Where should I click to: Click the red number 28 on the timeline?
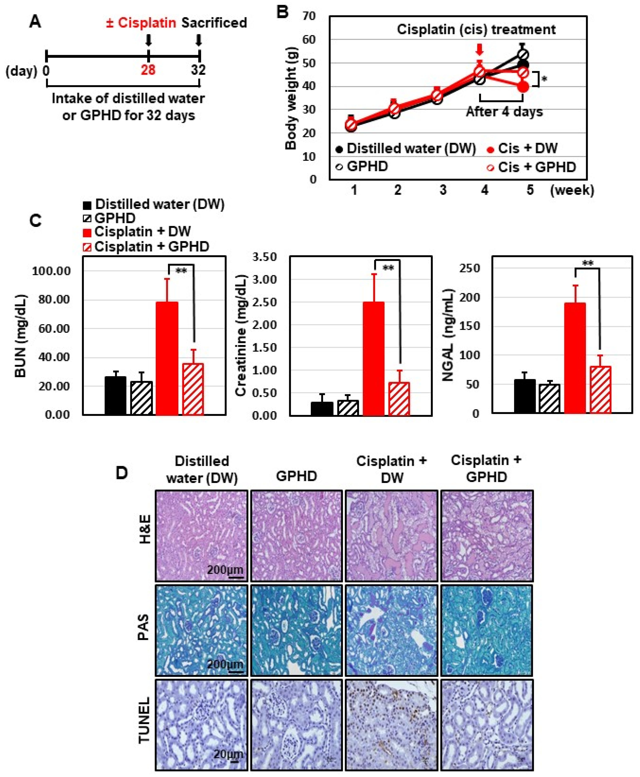coord(148,69)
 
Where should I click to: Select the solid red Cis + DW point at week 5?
coord(523,87)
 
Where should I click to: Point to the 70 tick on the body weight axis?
coord(309,16)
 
